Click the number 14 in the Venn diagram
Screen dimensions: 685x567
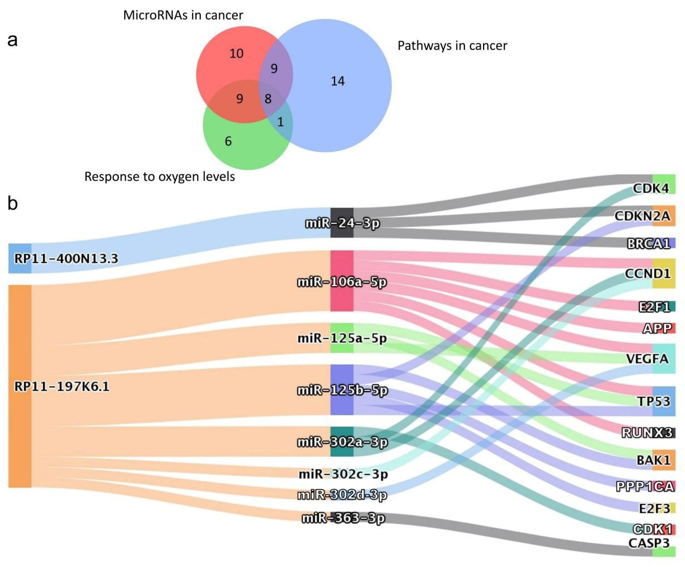click(x=337, y=81)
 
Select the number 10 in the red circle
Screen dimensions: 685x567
click(x=236, y=54)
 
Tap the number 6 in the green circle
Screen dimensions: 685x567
click(x=228, y=141)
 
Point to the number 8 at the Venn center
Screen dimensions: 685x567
click(x=268, y=99)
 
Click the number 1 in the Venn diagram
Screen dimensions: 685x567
click(x=280, y=122)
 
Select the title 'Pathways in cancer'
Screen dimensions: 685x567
click(x=452, y=45)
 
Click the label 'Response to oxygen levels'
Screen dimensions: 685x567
click(x=159, y=176)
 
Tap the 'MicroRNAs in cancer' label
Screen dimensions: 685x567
click(x=183, y=15)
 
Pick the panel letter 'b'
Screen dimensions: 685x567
click(x=12, y=203)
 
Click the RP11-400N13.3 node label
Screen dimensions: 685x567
click(x=66, y=258)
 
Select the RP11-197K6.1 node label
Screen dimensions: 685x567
click(x=62, y=387)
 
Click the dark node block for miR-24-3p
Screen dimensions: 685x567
click(x=342, y=223)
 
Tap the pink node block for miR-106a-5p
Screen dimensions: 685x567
click(x=342, y=281)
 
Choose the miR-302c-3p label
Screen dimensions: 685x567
click(x=343, y=474)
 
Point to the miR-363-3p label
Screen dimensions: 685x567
click(x=343, y=518)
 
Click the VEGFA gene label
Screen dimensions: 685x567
click(x=647, y=359)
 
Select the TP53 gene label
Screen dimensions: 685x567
click(x=654, y=401)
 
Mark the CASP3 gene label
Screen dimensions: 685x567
click(x=649, y=543)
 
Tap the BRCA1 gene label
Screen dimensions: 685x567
click(x=648, y=244)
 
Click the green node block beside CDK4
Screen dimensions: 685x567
click(x=664, y=184)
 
